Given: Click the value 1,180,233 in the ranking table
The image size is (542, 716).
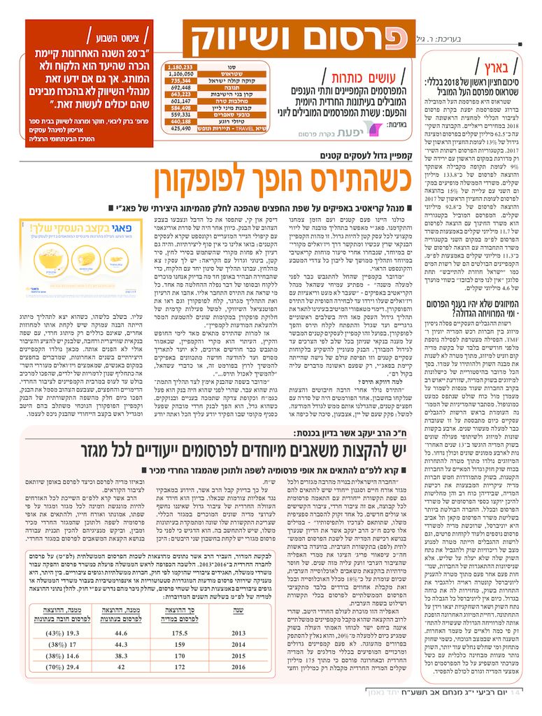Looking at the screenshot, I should (179, 67).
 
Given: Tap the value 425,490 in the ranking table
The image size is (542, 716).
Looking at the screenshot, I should (179, 129).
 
